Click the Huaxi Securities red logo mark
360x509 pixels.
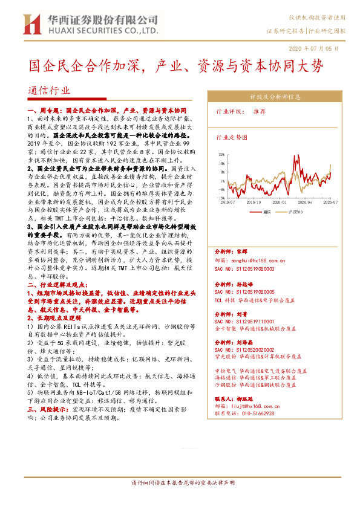point(31,24)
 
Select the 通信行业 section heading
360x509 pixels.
point(48,89)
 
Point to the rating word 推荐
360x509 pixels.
point(259,111)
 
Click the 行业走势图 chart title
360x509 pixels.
point(232,137)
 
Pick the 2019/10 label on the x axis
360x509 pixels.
point(253,203)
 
